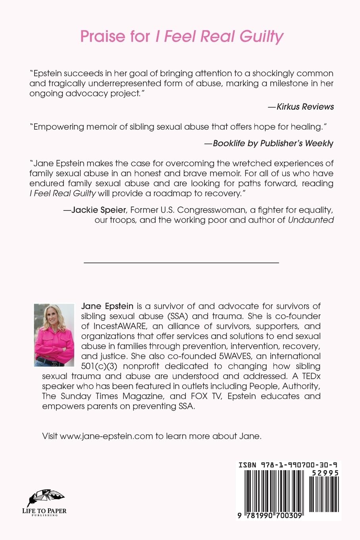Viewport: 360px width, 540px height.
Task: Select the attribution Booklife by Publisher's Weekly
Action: pos(269,143)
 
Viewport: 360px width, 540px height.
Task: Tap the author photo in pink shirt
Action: pos(54,335)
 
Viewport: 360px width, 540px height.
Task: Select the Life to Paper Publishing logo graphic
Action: pos(46,498)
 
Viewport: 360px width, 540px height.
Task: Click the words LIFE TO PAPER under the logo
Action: pos(47,511)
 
